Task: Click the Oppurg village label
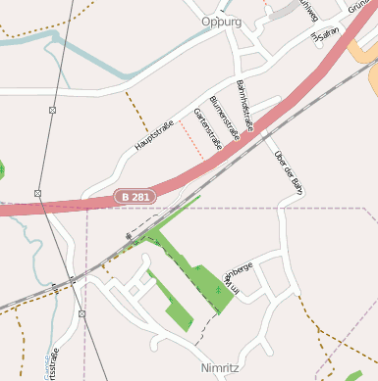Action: click(x=221, y=21)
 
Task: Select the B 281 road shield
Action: click(x=135, y=197)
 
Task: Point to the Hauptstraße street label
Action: click(x=153, y=139)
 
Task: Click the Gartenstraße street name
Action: click(x=208, y=128)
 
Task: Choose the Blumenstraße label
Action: click(x=225, y=119)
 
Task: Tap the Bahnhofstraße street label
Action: click(x=245, y=106)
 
